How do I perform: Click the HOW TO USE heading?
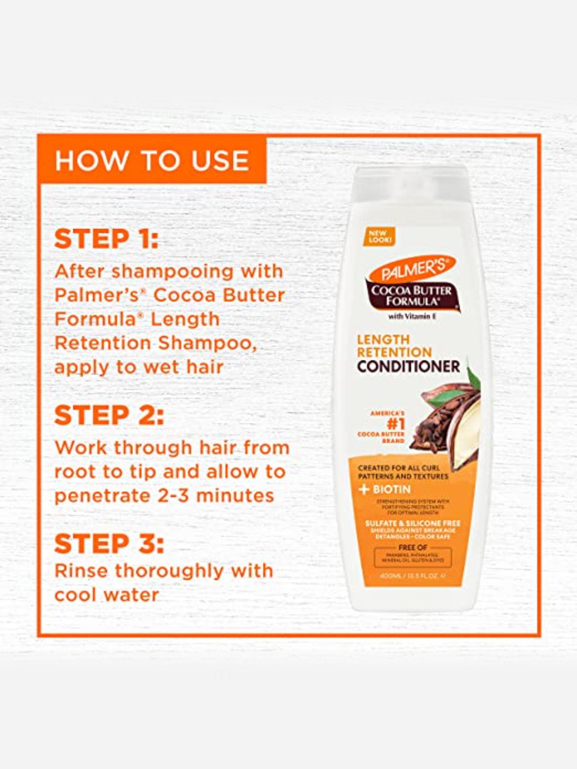[152, 160]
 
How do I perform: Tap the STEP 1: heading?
[107, 239]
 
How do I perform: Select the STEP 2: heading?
[109, 416]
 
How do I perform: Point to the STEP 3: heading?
[109, 544]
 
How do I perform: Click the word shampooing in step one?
[172, 272]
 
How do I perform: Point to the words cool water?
[107, 595]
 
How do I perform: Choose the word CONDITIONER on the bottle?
[408, 366]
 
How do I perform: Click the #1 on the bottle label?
[396, 424]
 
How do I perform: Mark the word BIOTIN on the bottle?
[392, 489]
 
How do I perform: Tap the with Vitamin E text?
[412, 316]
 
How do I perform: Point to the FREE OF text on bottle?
[412, 547]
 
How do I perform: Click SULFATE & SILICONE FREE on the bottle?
[412, 523]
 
